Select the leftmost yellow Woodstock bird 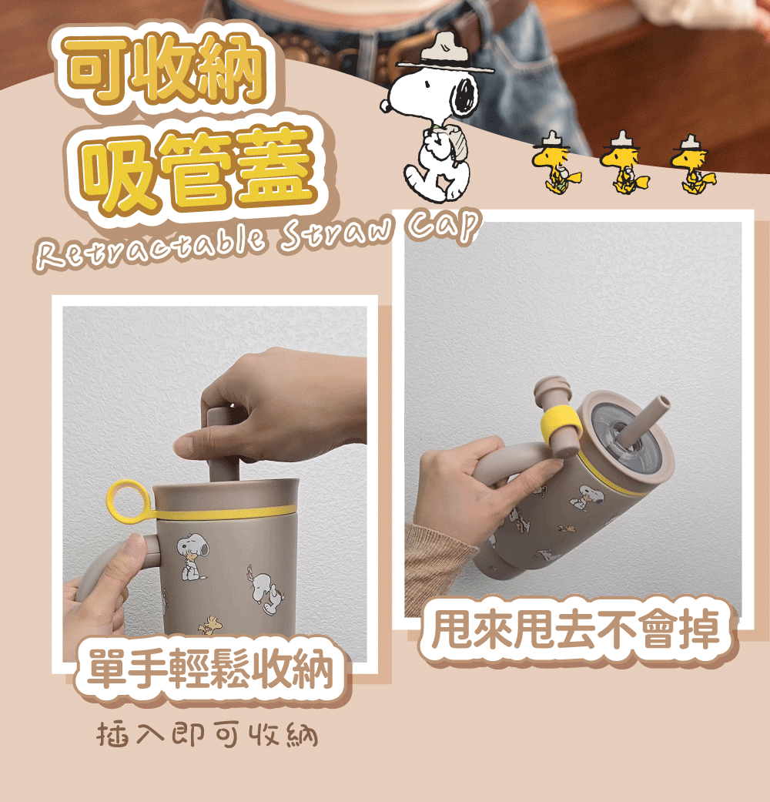(554, 166)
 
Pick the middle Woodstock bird (622, 166)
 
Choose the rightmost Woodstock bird (691, 166)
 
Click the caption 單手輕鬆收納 (212, 669)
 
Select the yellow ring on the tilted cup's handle (560, 424)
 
